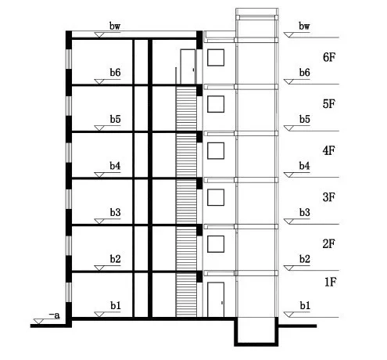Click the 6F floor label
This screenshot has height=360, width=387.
[329, 57]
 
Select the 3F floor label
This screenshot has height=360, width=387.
[329, 197]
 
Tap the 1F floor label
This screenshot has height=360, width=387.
[331, 282]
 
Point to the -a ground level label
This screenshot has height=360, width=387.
[55, 315]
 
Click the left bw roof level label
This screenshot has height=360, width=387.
[115, 26]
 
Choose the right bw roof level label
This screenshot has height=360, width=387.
[304, 26]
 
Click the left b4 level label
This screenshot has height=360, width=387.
[115, 166]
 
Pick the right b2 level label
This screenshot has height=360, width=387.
[304, 259]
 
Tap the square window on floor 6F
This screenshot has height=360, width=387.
[216, 57]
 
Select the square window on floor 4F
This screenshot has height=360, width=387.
[216, 150]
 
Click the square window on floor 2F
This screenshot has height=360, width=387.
[216, 244]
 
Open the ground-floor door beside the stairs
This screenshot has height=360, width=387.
[216, 300]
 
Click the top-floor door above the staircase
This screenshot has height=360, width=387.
[188, 67]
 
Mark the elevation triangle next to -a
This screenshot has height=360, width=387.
[38, 322]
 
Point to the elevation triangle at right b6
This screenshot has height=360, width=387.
[288, 82]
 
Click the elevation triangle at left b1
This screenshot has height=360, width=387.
[99, 315]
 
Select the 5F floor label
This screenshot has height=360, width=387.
[329, 104]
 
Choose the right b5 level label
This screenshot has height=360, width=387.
[304, 119]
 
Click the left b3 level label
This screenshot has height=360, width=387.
[115, 213]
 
